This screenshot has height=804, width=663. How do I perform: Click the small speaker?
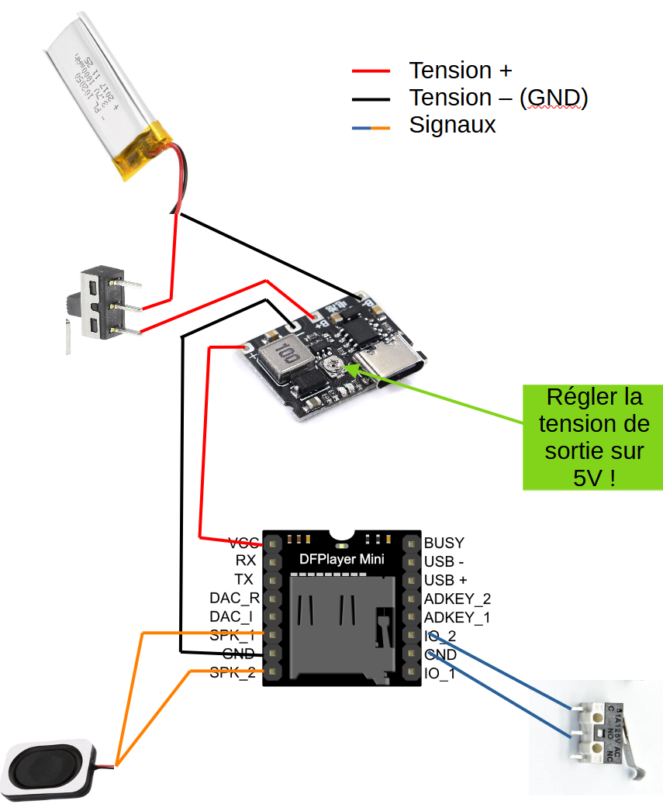(x=50, y=768)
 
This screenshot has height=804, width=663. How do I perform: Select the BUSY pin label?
(x=444, y=543)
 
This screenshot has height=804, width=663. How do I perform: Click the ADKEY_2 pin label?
(x=458, y=599)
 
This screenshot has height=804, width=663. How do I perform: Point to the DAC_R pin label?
(x=233, y=599)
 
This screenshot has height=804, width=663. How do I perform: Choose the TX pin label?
(x=243, y=580)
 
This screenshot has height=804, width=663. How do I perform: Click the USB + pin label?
(x=446, y=580)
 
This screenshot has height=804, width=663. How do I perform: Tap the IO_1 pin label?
(x=440, y=674)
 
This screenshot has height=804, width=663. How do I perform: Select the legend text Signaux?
(x=452, y=125)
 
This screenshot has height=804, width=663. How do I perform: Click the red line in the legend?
(x=370, y=71)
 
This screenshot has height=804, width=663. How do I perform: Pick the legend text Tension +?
(x=461, y=71)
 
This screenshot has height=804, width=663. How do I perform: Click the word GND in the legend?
(x=554, y=98)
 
